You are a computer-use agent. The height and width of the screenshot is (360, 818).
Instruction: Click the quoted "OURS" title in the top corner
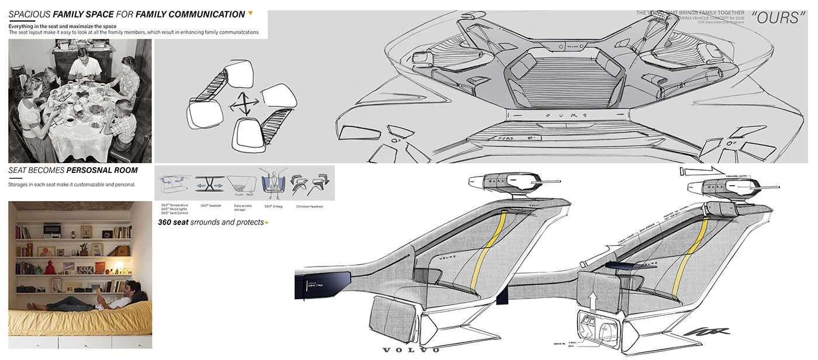click(776, 18)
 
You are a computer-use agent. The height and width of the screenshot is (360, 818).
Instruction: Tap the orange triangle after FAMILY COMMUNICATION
click(251, 13)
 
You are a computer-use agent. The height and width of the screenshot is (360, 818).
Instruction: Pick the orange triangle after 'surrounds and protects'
click(267, 223)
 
